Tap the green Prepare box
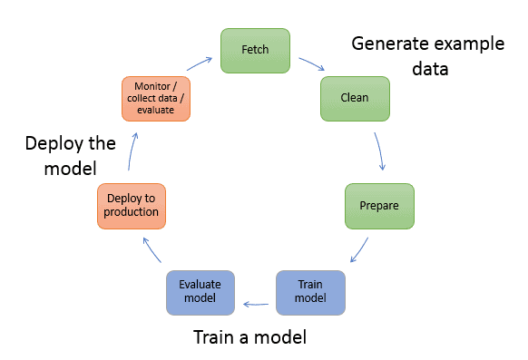point(379,205)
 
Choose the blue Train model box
point(310,291)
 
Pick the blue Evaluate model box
point(200,291)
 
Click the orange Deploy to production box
point(132,205)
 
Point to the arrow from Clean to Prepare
point(381,151)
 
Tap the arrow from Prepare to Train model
point(359,251)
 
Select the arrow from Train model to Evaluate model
point(255,292)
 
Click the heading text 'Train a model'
point(249,338)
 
